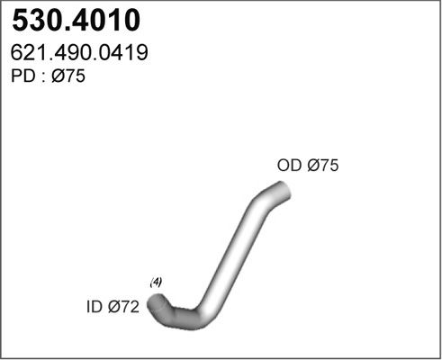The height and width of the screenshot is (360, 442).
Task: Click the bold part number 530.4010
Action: tap(77, 21)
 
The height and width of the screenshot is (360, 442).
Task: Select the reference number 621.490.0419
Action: tap(79, 52)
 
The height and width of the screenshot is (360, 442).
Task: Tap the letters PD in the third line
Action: tap(23, 76)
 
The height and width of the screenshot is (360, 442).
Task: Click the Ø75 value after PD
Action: tap(68, 76)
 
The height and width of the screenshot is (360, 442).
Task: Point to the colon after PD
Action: tap(43, 77)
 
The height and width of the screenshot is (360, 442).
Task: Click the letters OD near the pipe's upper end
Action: tap(289, 165)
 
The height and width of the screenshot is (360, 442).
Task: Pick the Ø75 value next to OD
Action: tap(323, 165)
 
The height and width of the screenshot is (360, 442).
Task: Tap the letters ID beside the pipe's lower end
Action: tap(95, 307)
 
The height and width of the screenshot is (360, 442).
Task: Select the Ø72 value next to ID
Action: tap(123, 307)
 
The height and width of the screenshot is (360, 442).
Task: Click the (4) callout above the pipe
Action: tap(156, 283)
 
